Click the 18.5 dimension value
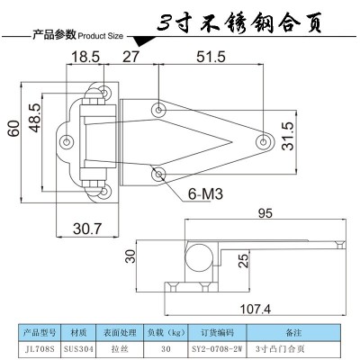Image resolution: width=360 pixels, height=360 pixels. coord(85,57)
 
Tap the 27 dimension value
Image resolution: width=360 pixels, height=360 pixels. coord(131,57)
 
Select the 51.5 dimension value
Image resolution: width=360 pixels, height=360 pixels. coord(211,57)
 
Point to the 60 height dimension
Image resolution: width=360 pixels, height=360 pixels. coord(13,129)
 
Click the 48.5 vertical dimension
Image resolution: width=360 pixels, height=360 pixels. coord(34,118)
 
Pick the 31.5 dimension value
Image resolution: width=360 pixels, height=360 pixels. coord(289,136)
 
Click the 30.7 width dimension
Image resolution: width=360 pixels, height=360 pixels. coord(87,229)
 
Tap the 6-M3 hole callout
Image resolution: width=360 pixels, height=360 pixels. coord(205,194)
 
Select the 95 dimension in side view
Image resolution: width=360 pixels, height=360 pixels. coord(265,213)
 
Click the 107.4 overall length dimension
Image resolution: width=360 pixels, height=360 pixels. coord(256,309)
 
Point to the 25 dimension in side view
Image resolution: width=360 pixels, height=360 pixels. coord(245,260)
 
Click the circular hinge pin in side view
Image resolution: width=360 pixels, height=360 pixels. coord(199,258)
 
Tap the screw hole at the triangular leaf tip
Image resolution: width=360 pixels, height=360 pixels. coord(263,141)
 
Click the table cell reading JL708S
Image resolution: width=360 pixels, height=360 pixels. coord(40,349)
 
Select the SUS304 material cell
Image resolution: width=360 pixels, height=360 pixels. coord(78,349)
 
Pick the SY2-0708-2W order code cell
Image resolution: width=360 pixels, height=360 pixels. coord(217,349)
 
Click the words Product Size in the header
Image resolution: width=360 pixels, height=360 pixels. coord(101,36)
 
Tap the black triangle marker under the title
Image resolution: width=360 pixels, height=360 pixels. coord(141,40)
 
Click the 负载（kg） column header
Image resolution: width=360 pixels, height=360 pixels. coord(166,333)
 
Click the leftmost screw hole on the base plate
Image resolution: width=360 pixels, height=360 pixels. coord(67,141)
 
